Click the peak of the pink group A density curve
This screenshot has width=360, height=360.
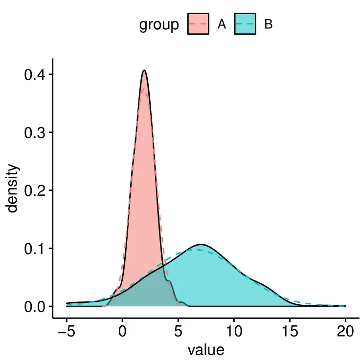(144, 71)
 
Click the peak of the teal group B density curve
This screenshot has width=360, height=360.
(201, 244)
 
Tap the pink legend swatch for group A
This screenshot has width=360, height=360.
(198, 24)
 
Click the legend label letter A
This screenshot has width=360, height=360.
(222, 24)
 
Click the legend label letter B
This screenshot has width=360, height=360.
(268, 24)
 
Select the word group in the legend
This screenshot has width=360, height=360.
(159, 24)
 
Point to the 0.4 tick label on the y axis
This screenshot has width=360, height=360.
(36, 75)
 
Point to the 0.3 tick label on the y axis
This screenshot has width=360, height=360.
(36, 132)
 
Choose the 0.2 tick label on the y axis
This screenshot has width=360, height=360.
(36, 191)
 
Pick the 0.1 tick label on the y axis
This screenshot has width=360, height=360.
(36, 249)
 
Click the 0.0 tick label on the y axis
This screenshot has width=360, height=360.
(36, 306)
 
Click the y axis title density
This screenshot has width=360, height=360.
(13, 189)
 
